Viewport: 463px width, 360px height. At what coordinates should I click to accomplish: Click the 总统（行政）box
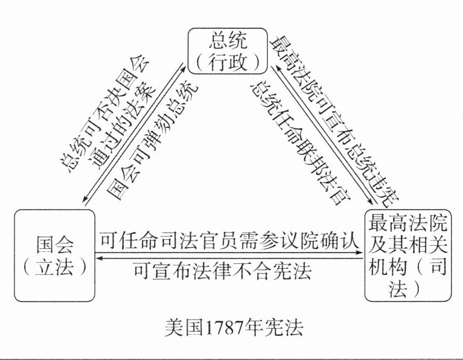coord(226,50)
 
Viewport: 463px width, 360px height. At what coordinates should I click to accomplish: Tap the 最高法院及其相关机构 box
coord(408,255)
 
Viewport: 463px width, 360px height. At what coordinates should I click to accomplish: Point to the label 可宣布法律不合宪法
coord(223,272)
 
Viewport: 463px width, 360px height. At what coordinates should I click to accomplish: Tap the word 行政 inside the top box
coord(227,60)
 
